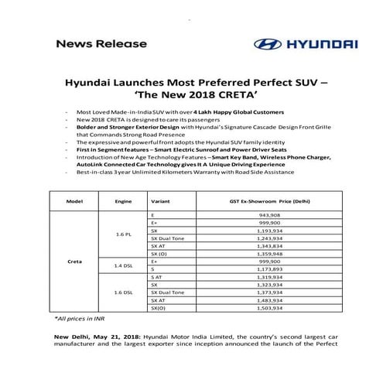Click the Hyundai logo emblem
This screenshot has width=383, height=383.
[266, 44]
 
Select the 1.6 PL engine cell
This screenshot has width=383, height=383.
[124, 233]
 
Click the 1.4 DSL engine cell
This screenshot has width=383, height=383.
[124, 265]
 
